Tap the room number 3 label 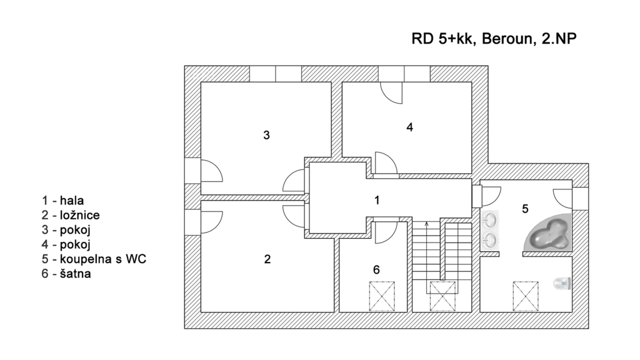tap(266, 134)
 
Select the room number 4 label tap(409, 127)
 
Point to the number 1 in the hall tap(376, 200)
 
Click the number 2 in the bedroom tap(267, 259)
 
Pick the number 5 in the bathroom tap(525, 208)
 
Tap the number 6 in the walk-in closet tap(376, 270)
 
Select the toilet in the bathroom tap(562, 283)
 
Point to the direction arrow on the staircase tap(427, 223)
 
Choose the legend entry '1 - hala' tap(63, 201)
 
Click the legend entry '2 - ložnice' tap(71, 215)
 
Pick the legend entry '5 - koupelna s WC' tap(94, 259)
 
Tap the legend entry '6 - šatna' tap(67, 273)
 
